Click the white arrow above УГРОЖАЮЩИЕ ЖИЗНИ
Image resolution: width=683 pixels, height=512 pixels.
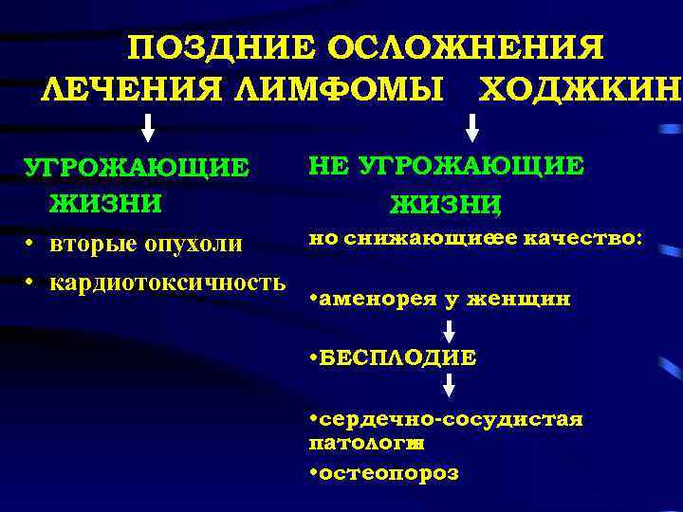149,127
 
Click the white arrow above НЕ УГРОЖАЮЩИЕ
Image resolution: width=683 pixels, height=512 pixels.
472,127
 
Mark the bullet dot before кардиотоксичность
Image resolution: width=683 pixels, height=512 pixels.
30,282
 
